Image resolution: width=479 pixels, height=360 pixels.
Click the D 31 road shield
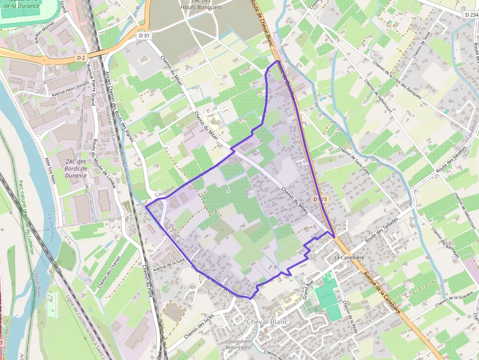[143, 36]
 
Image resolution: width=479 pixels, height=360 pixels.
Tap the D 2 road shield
[81, 58]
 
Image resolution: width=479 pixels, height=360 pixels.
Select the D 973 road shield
[320, 199]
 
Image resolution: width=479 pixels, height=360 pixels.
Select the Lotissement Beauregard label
[239, 344]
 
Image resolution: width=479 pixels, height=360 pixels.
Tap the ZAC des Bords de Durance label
[75, 169]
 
